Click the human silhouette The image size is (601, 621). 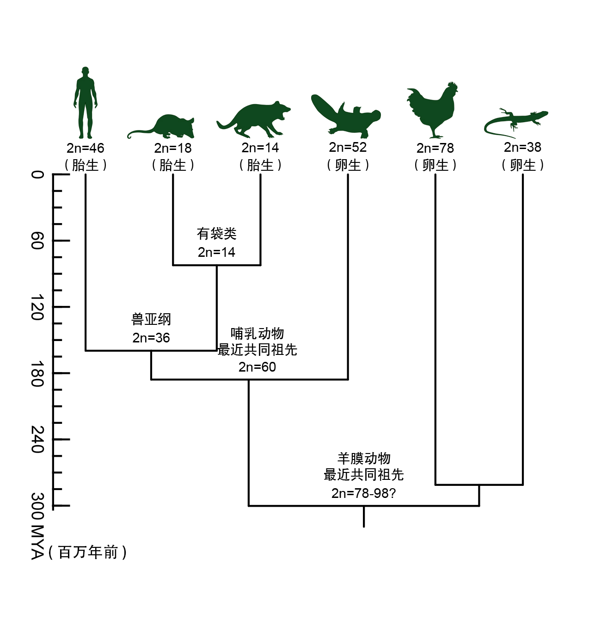[x=85, y=103]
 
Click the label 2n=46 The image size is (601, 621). [x=86, y=148]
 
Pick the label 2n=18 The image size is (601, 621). [x=173, y=148]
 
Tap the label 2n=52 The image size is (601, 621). [x=348, y=148]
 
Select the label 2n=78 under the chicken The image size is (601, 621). [x=435, y=148]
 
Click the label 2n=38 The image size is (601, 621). [x=522, y=148]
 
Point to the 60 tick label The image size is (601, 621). [x=37, y=241]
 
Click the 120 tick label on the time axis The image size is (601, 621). [x=37, y=307]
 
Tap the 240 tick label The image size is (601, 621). [x=37, y=440]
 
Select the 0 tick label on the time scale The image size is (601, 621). [x=37, y=174]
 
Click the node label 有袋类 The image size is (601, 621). [x=216, y=234]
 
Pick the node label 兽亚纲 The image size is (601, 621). [x=151, y=319]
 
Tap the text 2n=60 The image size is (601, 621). [x=257, y=367]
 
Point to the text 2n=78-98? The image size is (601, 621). [x=363, y=493]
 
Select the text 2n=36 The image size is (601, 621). [x=151, y=338]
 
